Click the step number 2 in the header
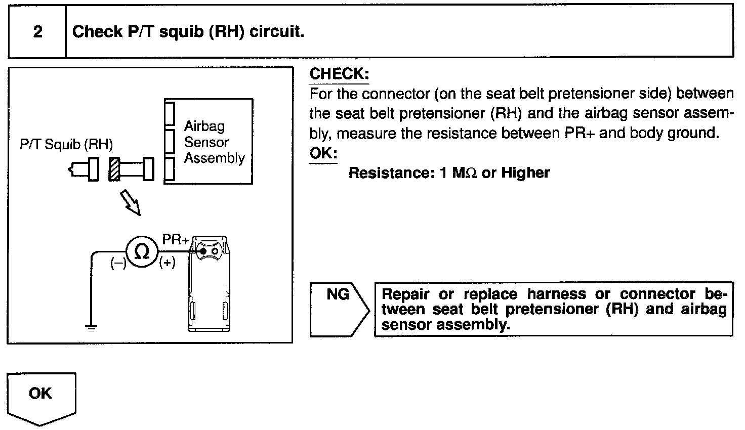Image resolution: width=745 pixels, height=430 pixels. (37, 32)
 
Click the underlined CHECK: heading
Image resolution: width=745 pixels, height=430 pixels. (339, 74)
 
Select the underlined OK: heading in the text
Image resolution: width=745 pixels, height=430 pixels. (323, 153)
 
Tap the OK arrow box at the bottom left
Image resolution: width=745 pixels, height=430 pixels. (41, 395)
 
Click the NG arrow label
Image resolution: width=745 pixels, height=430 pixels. (338, 295)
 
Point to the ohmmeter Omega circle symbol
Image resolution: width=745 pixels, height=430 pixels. (143, 251)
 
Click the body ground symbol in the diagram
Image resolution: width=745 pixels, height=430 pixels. (91, 328)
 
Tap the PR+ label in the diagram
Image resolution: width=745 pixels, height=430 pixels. (175, 239)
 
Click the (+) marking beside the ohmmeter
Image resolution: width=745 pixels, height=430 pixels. (167, 263)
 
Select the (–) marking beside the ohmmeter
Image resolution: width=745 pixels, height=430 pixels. (118, 264)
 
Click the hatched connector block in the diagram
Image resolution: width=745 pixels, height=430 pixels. (114, 169)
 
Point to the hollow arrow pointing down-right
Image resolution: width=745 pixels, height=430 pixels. (131, 202)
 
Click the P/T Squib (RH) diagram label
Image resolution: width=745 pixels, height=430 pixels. (66, 145)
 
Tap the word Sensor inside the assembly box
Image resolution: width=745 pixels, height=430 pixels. (206, 142)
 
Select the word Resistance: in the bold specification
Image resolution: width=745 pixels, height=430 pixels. (389, 173)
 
